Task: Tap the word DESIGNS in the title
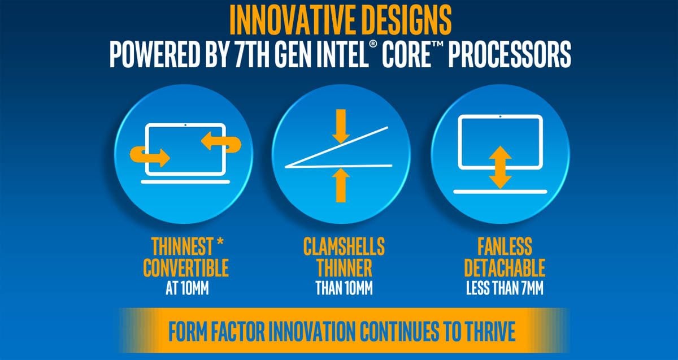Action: pos(404,20)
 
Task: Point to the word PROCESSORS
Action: pos(510,55)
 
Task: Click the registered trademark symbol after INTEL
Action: pos(373,44)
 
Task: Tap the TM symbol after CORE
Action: pos(438,45)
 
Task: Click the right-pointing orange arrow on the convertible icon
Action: pos(150,156)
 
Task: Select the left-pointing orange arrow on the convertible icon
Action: pos(221,142)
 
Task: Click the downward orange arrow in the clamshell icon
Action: pos(341,126)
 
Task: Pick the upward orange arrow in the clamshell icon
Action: pos(341,185)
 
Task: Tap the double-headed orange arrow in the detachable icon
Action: pos(500,167)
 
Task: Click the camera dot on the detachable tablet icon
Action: pos(500,116)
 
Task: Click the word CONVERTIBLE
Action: pos(185,268)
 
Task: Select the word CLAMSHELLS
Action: pos(344,247)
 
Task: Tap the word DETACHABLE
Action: pos(505,268)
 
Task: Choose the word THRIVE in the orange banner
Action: pos(490,332)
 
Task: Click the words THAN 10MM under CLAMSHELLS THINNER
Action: pos(344,288)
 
